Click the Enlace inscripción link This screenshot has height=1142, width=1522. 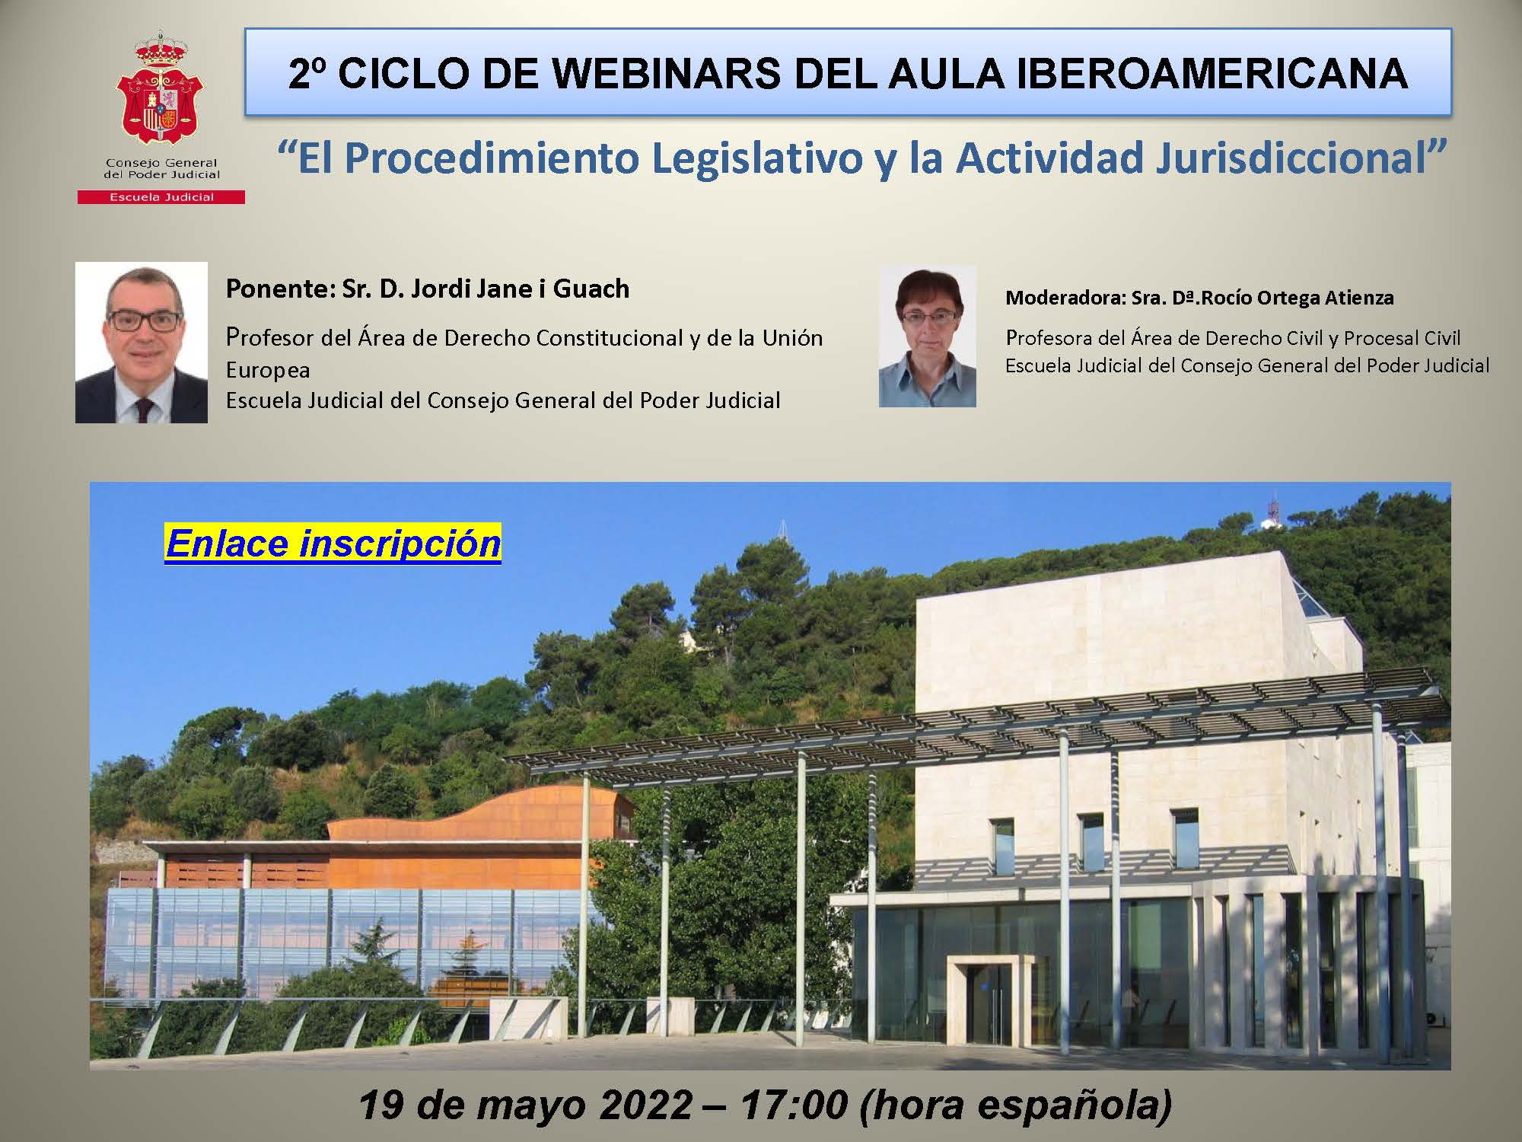point(333,544)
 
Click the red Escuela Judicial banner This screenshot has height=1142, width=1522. point(161,197)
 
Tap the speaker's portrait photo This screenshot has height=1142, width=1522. point(142,343)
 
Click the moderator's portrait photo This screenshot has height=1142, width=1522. point(928,337)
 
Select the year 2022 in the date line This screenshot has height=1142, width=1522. point(646,1104)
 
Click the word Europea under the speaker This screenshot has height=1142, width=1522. point(268,371)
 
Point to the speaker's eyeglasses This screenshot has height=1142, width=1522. point(145,321)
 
